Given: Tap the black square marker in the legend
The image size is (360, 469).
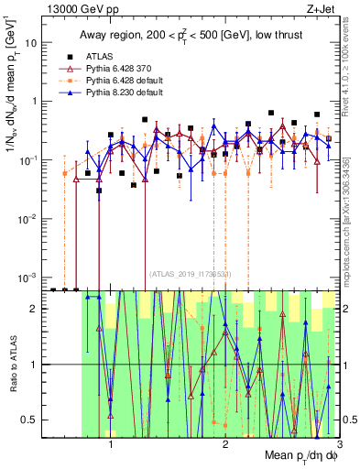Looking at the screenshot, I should pos(76,55).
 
